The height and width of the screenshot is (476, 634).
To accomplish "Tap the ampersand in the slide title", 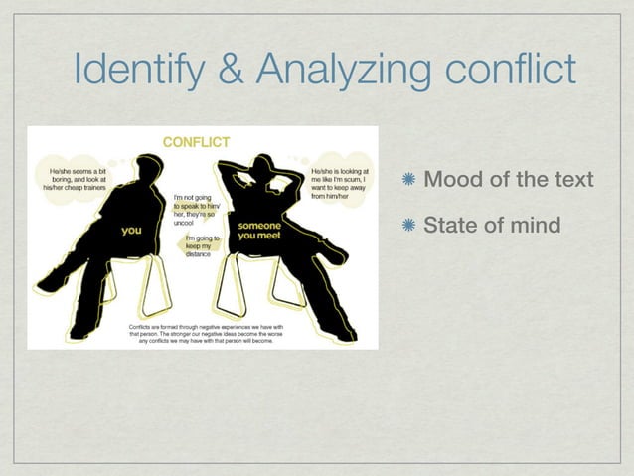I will (x=232, y=70).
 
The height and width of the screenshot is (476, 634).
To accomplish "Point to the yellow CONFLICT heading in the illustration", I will (x=196, y=141).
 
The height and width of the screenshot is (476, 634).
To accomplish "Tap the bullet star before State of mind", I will (x=409, y=226).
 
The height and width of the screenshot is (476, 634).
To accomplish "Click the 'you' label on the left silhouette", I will (x=130, y=231).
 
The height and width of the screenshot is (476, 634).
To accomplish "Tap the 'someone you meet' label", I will (x=258, y=230).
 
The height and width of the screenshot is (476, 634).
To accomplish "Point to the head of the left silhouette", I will (x=150, y=168).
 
